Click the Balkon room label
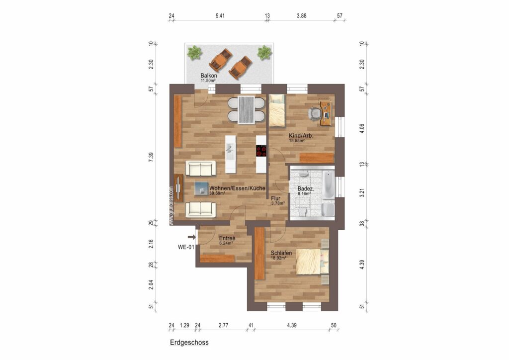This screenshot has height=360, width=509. click(x=208, y=76)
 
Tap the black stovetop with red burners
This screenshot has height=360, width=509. click(x=261, y=151)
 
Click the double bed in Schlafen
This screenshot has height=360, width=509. click(x=312, y=262)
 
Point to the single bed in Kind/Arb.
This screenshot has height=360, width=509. click(x=277, y=110)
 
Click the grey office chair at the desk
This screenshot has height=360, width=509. click(x=314, y=113)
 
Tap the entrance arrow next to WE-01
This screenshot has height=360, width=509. click(x=192, y=237)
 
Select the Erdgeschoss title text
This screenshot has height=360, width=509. click(x=189, y=342)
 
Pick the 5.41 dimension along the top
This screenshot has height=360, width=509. click(x=220, y=15)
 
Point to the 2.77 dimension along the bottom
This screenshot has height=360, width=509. click(x=223, y=325)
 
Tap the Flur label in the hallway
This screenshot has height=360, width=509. click(x=275, y=198)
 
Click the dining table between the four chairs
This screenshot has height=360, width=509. click(x=247, y=110)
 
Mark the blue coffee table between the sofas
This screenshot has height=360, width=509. click(x=201, y=188)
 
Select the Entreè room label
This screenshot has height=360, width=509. click(x=227, y=238)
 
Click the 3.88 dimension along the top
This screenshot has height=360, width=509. click(x=301, y=15)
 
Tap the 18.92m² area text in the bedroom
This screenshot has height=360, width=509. click(x=278, y=258)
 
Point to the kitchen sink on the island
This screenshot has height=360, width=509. click(x=231, y=151)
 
